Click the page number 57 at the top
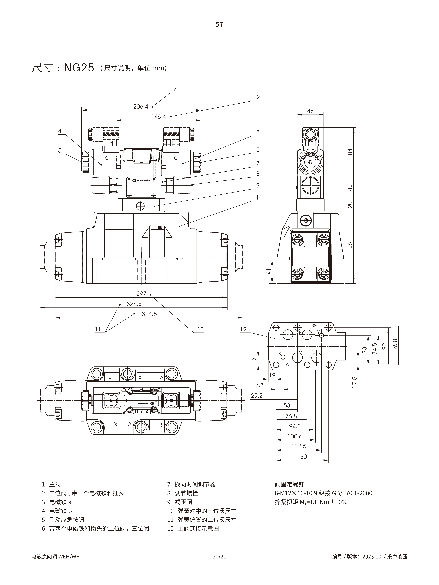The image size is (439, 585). pos(219,24)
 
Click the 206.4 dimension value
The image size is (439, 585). pos(141,107)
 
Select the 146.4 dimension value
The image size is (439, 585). pos(158,117)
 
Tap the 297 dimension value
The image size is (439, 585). pos(141,294)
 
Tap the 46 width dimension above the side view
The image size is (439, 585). pos(310,111)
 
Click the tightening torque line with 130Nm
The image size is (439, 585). pos(311,502)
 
